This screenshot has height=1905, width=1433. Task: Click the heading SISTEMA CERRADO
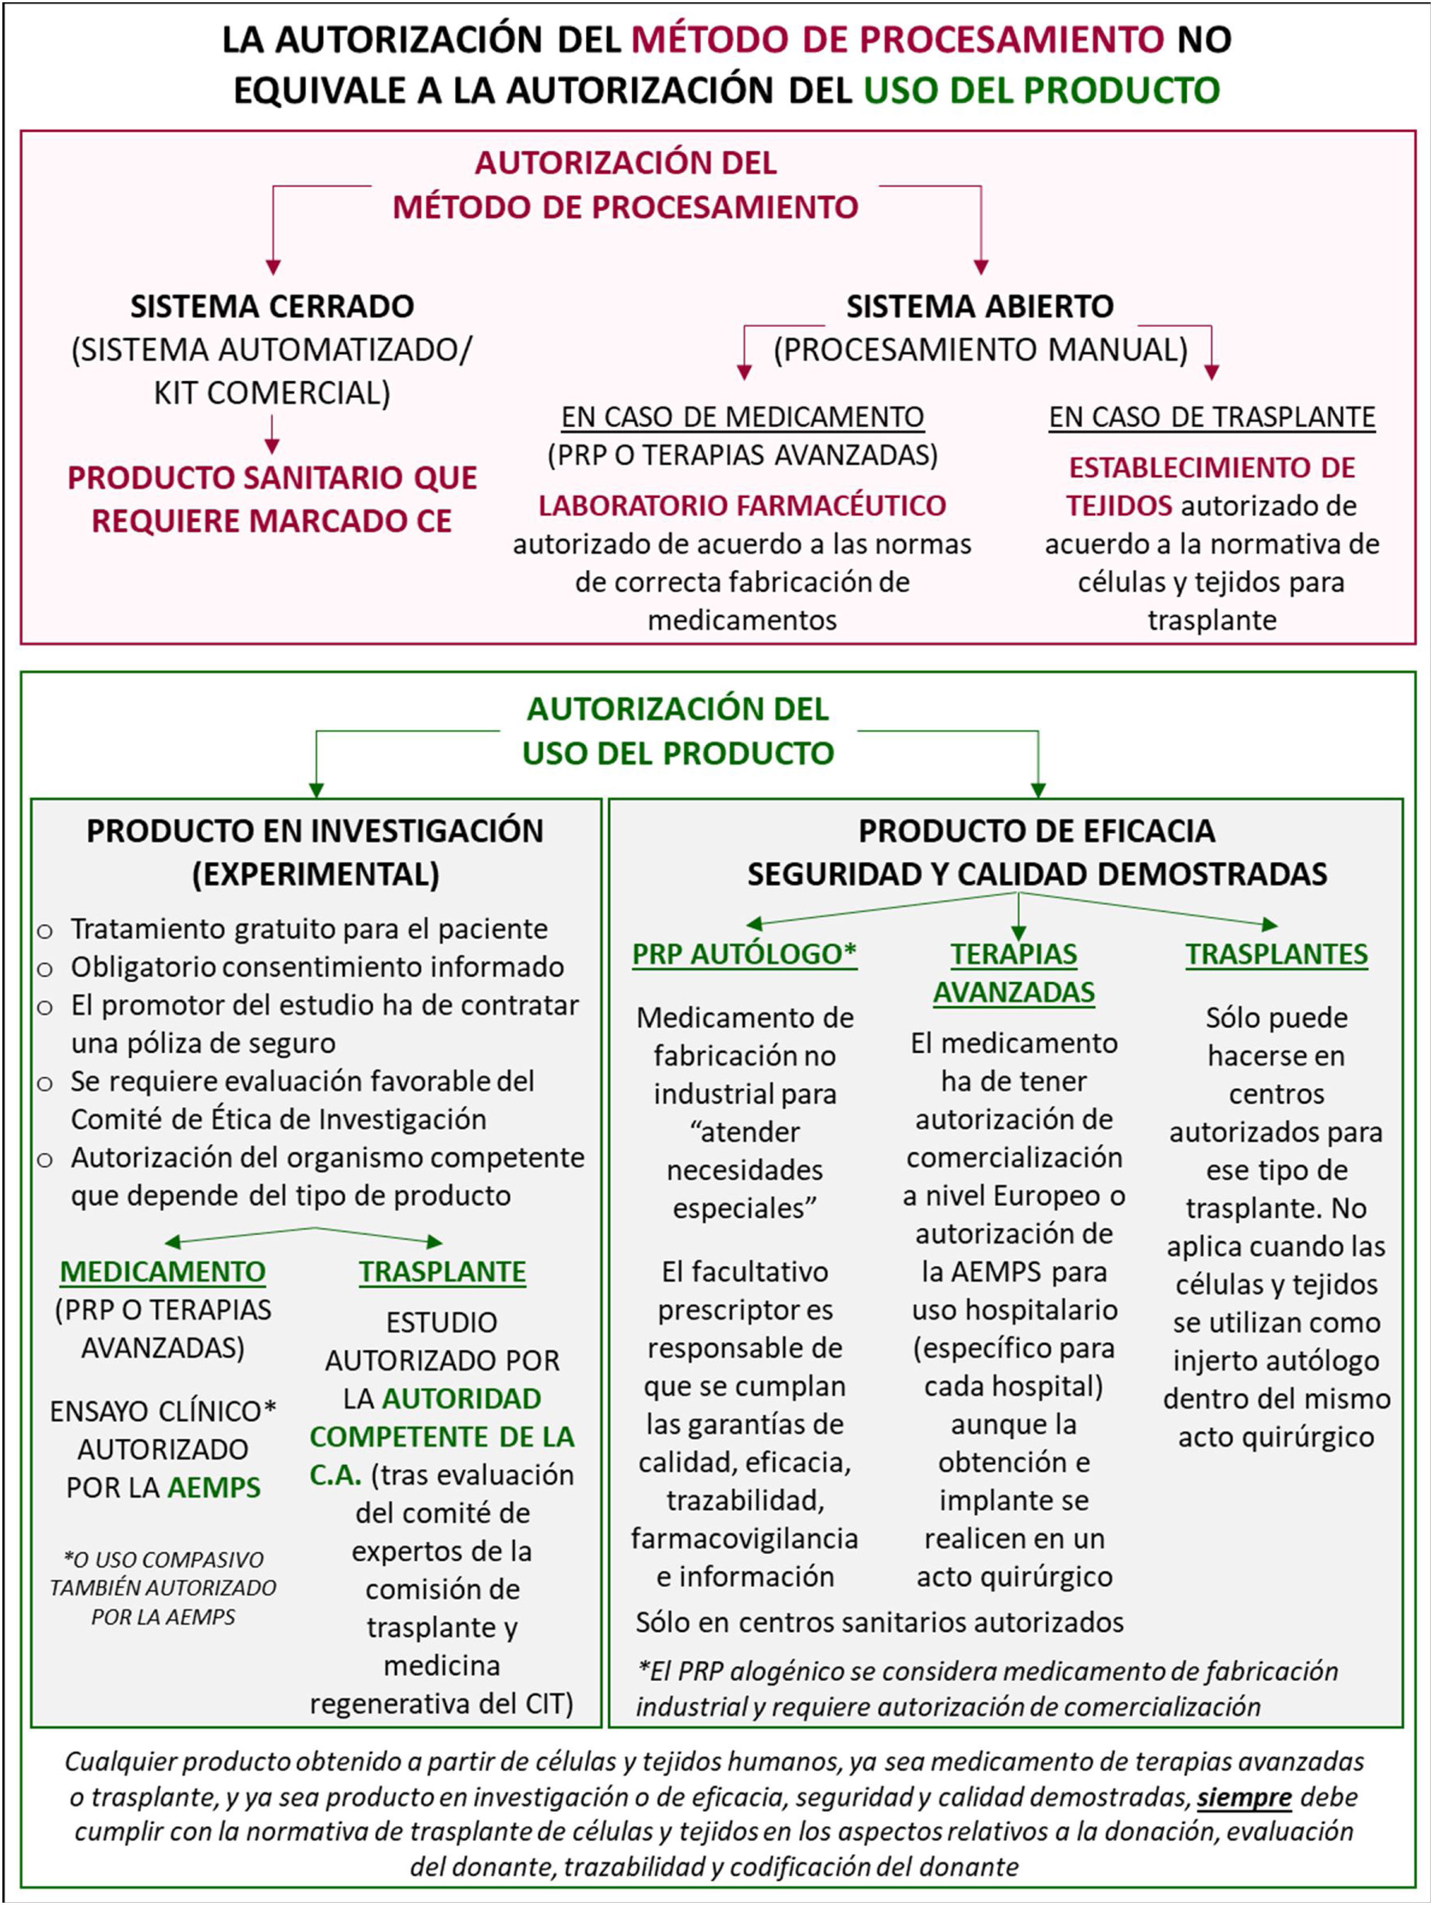click(272, 306)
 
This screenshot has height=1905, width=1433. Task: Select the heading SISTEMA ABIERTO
click(979, 306)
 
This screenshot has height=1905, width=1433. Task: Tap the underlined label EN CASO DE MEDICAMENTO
click(742, 417)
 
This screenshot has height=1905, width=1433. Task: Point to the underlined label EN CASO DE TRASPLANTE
click(1212, 417)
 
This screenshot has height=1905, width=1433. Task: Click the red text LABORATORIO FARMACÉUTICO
click(742, 505)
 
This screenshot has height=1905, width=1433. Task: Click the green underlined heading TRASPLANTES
click(1276, 955)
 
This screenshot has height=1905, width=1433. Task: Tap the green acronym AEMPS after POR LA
click(214, 1487)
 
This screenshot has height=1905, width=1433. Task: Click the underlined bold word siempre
click(1243, 1796)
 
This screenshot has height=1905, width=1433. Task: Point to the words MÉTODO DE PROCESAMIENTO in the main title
click(898, 39)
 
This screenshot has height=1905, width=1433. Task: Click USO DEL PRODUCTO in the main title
click(1041, 90)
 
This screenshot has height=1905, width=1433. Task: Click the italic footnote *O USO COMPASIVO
click(163, 1560)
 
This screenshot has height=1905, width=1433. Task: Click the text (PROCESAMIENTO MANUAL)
click(980, 350)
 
